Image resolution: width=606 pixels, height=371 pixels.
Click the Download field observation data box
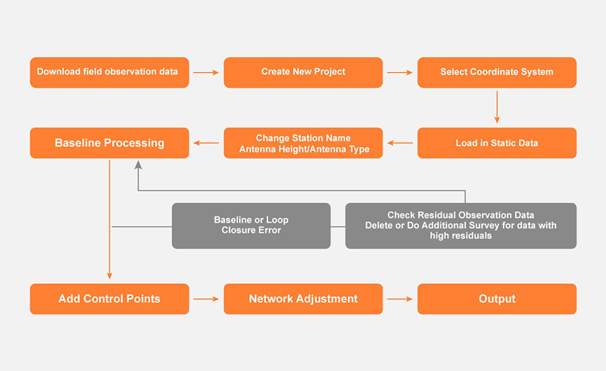(x=109, y=72)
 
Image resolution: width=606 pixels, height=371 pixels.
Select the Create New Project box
(x=303, y=72)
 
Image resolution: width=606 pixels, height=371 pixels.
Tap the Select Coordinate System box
(x=497, y=72)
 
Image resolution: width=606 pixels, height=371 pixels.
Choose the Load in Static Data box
(x=497, y=143)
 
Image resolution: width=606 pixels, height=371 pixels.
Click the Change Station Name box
(x=303, y=143)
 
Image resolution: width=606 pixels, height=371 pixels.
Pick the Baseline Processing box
(x=109, y=143)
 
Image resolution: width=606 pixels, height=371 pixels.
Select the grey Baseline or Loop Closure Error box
(x=251, y=225)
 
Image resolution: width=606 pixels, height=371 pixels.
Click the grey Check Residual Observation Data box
(x=461, y=225)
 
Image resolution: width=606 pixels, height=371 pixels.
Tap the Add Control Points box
(x=109, y=299)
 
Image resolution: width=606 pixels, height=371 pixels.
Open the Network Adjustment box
(x=303, y=299)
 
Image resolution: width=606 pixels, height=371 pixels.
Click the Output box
(x=497, y=299)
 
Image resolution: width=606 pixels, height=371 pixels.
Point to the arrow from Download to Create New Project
(x=206, y=72)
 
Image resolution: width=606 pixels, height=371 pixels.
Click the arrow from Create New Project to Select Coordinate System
(x=400, y=72)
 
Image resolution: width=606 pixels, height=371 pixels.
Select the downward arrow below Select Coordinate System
(x=497, y=107)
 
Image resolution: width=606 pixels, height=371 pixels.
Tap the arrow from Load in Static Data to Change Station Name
(x=400, y=143)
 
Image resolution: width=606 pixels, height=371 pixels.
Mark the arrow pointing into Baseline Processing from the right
(x=206, y=143)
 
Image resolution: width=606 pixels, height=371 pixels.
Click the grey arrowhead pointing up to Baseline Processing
(x=138, y=165)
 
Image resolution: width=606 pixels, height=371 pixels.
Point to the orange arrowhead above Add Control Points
(x=109, y=275)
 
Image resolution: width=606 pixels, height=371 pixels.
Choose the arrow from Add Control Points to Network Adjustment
(x=206, y=299)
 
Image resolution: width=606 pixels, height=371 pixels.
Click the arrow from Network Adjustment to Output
(x=400, y=299)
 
